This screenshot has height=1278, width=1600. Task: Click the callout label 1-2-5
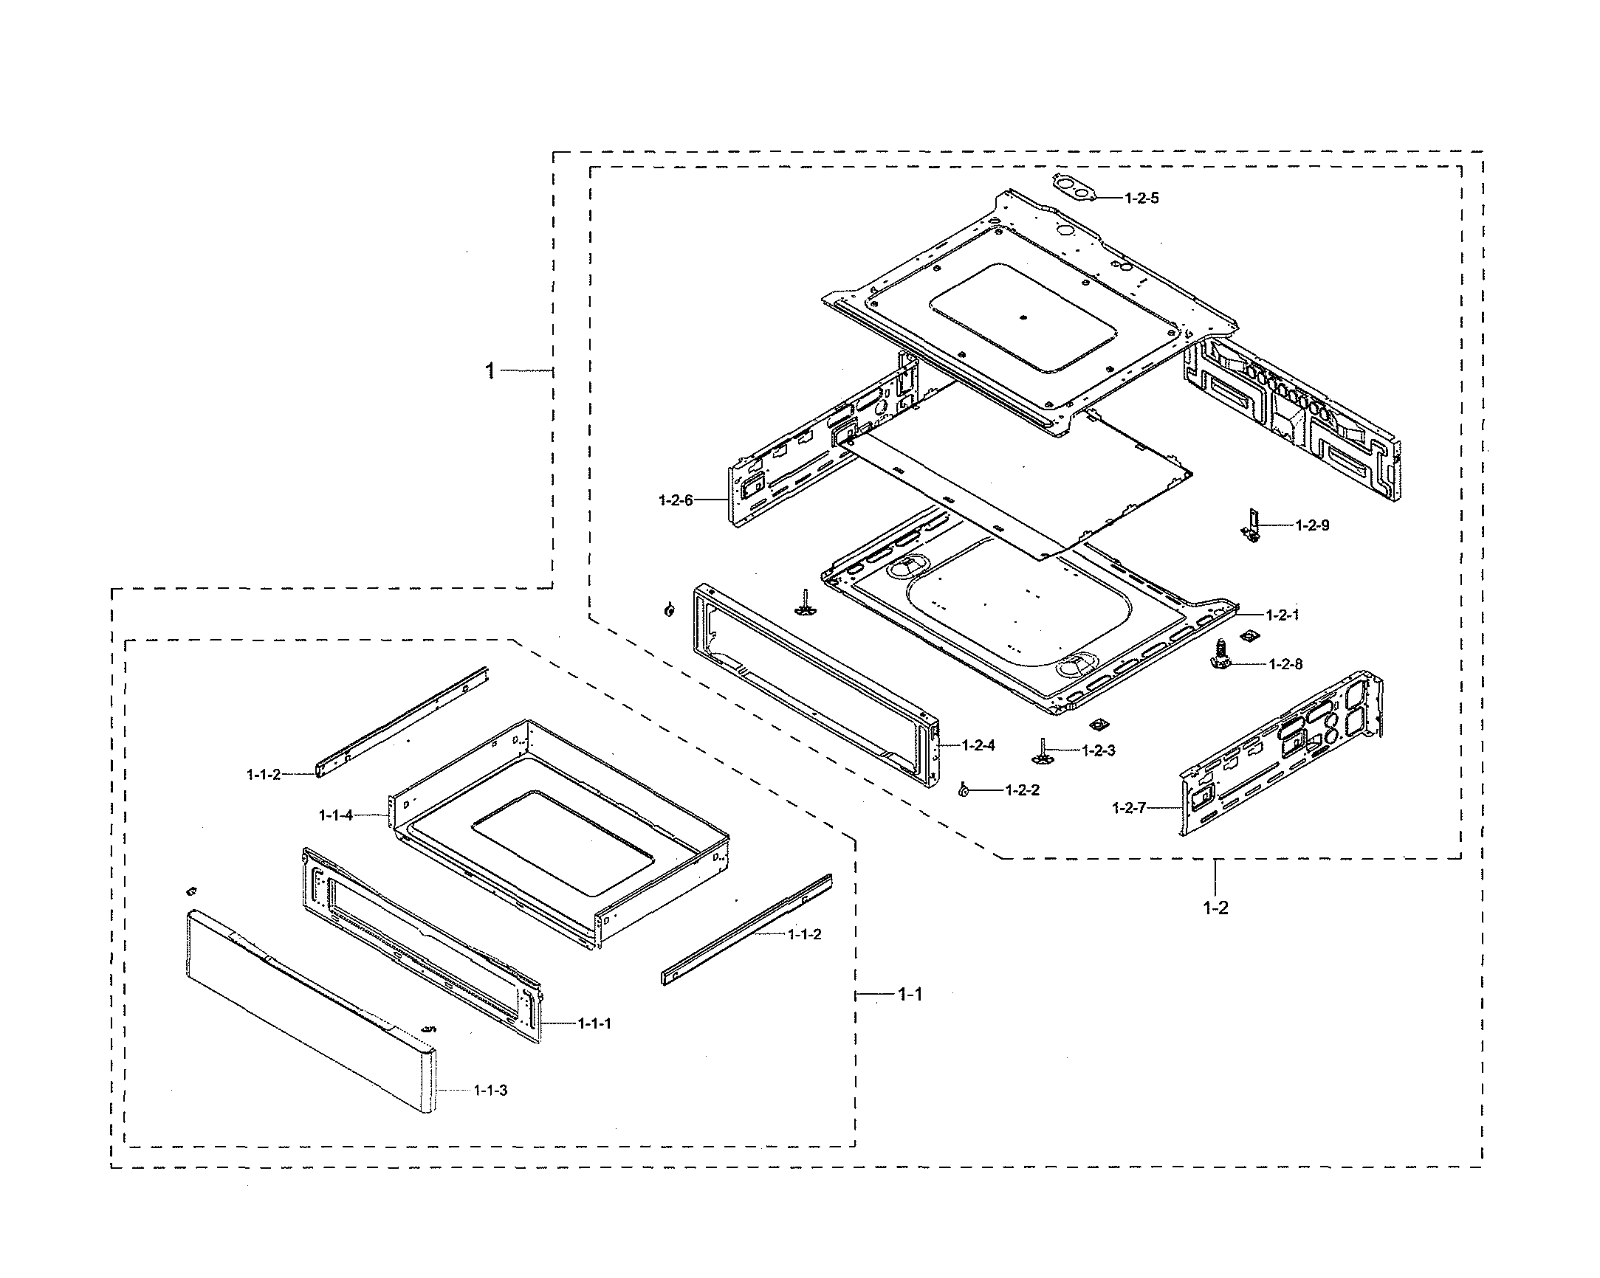pos(1141,198)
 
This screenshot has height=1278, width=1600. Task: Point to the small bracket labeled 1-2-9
pos(1253,525)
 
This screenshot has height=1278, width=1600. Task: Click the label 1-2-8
pos(1285,664)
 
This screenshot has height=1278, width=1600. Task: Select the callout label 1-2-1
pos(1283,615)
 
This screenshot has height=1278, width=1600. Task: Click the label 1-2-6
pos(676,501)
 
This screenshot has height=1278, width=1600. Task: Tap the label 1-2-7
pos(1129,808)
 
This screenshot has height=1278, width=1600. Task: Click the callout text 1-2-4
pos(978,745)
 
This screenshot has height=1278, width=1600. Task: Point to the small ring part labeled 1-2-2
pos(964,791)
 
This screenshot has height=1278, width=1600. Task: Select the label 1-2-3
pos(1099,750)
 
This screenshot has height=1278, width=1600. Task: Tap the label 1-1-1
pos(594,1023)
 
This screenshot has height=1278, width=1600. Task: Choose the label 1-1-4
pos(336,815)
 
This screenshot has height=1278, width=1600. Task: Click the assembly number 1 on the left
pos(490,370)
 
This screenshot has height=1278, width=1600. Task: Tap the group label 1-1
pos(910,995)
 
